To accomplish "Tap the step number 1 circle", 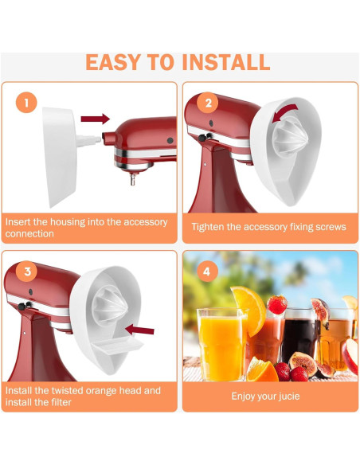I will coord(26,103).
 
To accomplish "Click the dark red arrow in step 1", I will coord(95,119).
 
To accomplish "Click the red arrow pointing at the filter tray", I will coord(141,330).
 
